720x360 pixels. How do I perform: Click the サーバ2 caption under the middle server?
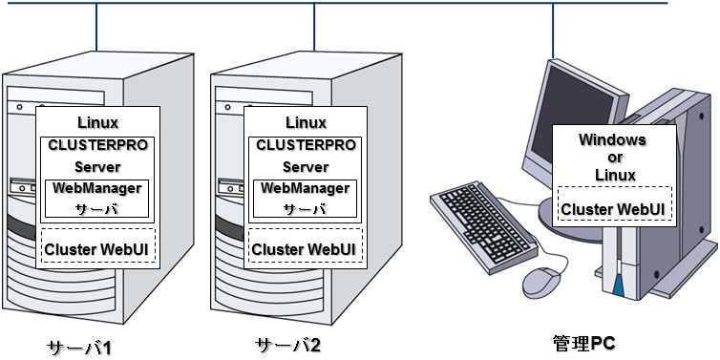click(289, 346)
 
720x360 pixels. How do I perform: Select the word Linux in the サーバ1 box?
click(96, 122)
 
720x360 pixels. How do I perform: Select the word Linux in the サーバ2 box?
click(306, 122)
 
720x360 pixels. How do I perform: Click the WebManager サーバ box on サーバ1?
click(96, 198)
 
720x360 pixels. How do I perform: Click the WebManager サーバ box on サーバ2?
click(306, 198)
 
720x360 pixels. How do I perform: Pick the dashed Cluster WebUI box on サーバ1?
click(96, 247)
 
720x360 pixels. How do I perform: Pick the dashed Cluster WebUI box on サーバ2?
click(306, 247)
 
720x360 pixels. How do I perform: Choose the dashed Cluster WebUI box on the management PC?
click(613, 208)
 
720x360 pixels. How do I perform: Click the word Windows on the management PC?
click(613, 139)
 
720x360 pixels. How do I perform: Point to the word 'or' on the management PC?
click(613, 157)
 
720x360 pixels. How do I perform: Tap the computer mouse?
click(540, 281)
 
